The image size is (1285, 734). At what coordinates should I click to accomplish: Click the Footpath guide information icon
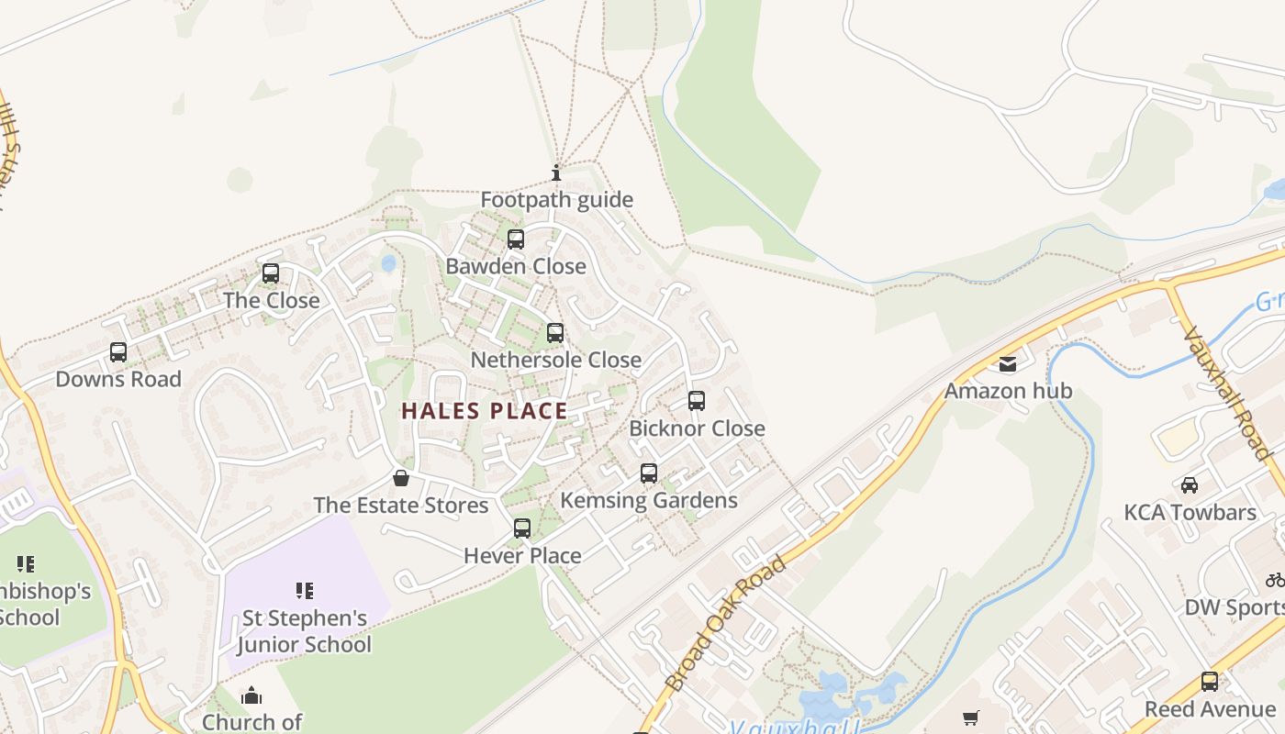pyautogui.click(x=555, y=172)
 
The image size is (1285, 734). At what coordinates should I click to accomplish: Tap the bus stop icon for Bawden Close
pyautogui.click(x=516, y=239)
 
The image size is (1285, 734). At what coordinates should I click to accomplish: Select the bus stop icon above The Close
pyautogui.click(x=271, y=273)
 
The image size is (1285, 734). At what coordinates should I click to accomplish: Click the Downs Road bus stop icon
pyautogui.click(x=118, y=352)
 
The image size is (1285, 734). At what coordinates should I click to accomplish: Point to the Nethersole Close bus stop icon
pyautogui.click(x=555, y=333)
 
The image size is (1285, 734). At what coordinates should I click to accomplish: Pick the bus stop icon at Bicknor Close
pyautogui.click(x=697, y=401)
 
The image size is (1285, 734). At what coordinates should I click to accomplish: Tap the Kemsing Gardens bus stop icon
pyautogui.click(x=649, y=473)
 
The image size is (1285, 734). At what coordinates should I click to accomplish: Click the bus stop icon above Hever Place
pyautogui.click(x=522, y=528)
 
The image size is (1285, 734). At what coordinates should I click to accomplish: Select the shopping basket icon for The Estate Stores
pyautogui.click(x=401, y=478)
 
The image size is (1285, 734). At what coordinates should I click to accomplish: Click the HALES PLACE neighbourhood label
pyautogui.click(x=485, y=411)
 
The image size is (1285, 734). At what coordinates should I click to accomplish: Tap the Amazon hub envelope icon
pyautogui.click(x=1008, y=364)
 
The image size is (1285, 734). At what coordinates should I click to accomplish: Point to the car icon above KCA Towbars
pyautogui.click(x=1190, y=484)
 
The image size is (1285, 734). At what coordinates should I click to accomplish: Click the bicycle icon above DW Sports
pyautogui.click(x=1275, y=580)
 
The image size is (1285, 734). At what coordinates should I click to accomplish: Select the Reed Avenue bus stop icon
pyautogui.click(x=1210, y=682)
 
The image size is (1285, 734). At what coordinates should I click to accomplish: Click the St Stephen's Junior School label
pyautogui.click(x=305, y=631)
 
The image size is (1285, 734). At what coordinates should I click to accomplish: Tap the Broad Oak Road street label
pyautogui.click(x=726, y=624)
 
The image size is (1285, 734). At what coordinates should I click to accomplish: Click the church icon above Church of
pyautogui.click(x=251, y=696)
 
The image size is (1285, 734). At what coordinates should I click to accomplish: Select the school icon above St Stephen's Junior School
pyautogui.click(x=305, y=591)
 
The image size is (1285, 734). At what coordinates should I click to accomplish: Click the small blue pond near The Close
pyautogui.click(x=388, y=264)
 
